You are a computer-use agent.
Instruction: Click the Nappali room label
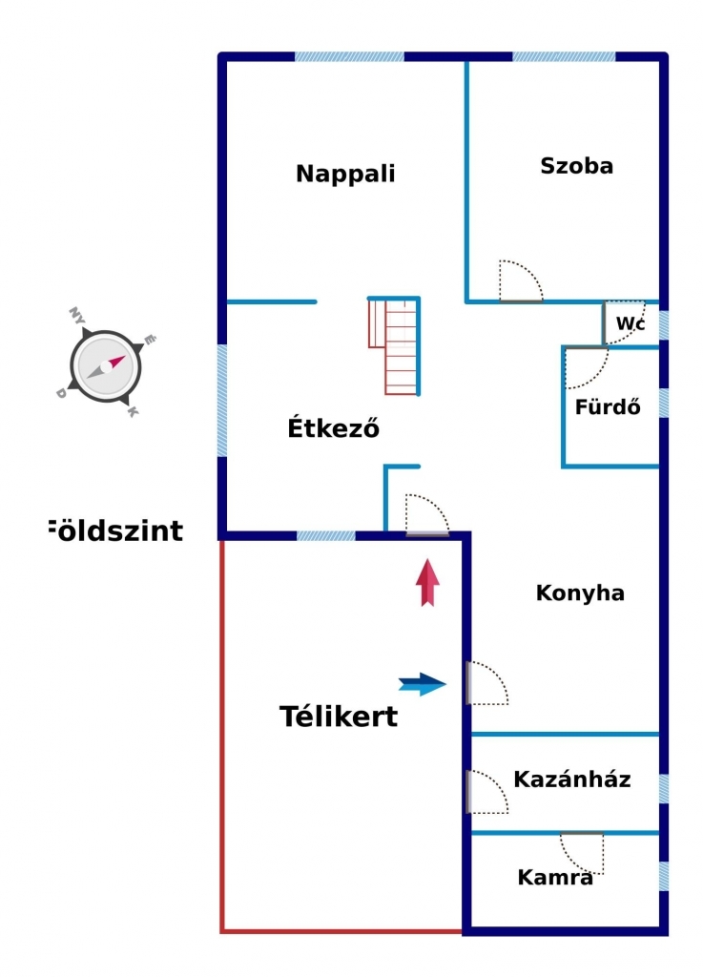point(345,175)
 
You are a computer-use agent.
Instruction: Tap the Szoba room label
point(576,166)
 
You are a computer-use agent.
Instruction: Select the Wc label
point(629,324)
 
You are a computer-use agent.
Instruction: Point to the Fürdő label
point(608,406)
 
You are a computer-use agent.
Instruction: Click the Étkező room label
point(334,429)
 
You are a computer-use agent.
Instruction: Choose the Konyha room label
point(580,593)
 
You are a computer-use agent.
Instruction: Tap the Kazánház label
point(572,780)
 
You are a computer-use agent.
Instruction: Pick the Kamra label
point(555,878)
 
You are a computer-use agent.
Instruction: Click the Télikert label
point(339,717)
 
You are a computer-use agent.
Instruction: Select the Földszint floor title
point(114,530)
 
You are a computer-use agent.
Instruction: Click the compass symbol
point(105,366)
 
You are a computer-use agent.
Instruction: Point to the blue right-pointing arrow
point(423,683)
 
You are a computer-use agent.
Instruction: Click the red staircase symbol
point(395,345)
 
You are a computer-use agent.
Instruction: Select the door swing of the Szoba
point(521,281)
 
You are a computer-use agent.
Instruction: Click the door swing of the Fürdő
point(585,368)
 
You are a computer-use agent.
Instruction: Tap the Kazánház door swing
point(486,792)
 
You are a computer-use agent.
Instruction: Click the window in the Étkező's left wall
point(222,400)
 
